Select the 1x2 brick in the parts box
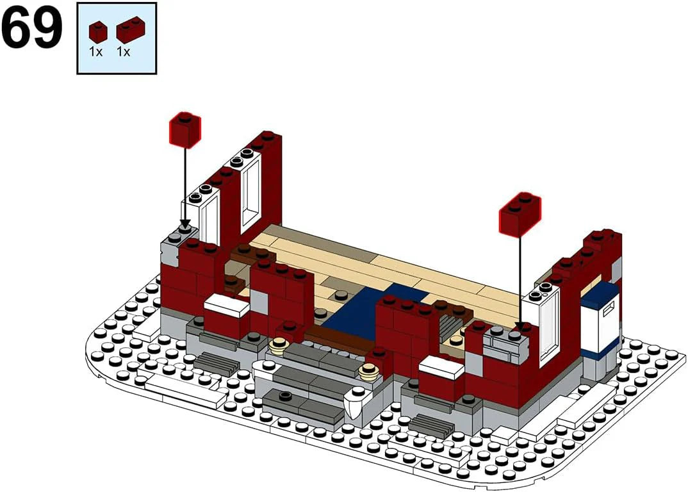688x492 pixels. coord(130,29)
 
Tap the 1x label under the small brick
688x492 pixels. coord(95,52)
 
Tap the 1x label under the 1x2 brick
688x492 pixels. coord(123,52)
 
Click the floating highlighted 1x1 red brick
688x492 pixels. coord(184,129)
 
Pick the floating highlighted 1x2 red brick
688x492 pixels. coord(520,214)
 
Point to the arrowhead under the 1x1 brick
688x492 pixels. coord(184,224)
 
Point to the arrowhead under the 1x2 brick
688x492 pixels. coord(520,327)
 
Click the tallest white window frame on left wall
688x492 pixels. coord(250,191)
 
